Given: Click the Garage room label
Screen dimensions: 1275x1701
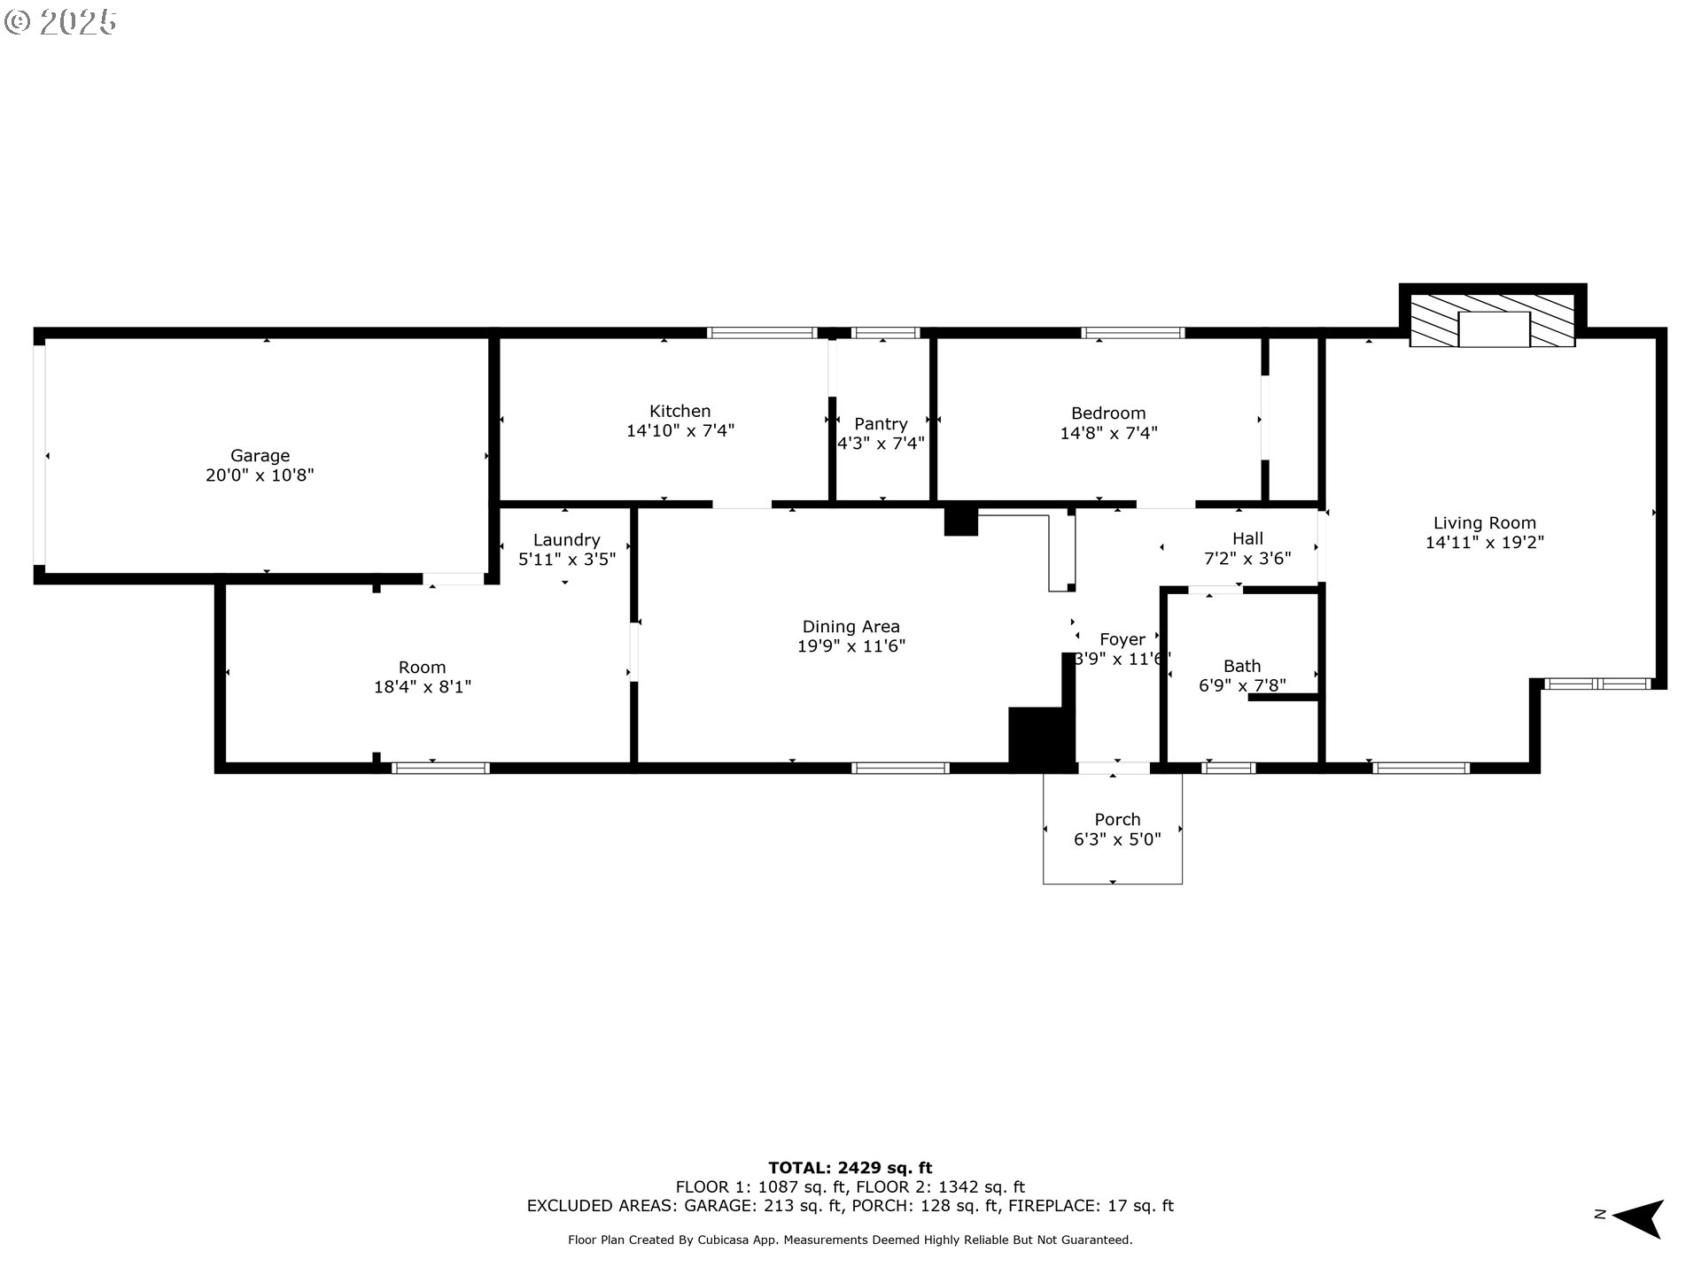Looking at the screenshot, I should tap(260, 456).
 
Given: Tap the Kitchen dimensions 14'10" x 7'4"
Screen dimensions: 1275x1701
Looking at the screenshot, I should tap(680, 431).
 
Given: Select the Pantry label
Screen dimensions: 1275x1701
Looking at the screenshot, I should tap(881, 424).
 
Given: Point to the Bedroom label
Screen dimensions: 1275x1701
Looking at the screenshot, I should tap(1108, 413).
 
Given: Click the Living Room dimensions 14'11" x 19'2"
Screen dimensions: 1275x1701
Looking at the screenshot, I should tap(1484, 543).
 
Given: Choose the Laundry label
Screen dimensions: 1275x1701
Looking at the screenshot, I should tap(566, 540).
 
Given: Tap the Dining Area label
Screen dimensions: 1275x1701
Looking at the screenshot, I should tap(850, 627).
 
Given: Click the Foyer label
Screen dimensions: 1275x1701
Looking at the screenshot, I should tap(1122, 639).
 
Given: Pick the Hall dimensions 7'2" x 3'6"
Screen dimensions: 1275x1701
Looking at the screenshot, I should tap(1247, 559).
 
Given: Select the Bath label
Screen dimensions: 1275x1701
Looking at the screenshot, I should tap(1241, 666).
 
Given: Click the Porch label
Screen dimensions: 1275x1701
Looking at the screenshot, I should tap(1117, 820).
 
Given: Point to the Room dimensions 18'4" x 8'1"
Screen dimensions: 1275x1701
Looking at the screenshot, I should tap(422, 687).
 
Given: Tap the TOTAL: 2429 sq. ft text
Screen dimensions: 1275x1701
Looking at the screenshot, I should tap(850, 1168).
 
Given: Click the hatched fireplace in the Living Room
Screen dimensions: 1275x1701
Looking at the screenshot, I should tap(1492, 321).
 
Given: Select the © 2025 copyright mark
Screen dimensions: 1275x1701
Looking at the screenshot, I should tap(60, 22).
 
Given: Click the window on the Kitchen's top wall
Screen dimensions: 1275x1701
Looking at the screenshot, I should tap(761, 333).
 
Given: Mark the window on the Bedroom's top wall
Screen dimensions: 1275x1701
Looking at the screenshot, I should tap(1132, 333).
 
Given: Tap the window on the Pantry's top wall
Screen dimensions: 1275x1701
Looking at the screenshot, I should tap(885, 333).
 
